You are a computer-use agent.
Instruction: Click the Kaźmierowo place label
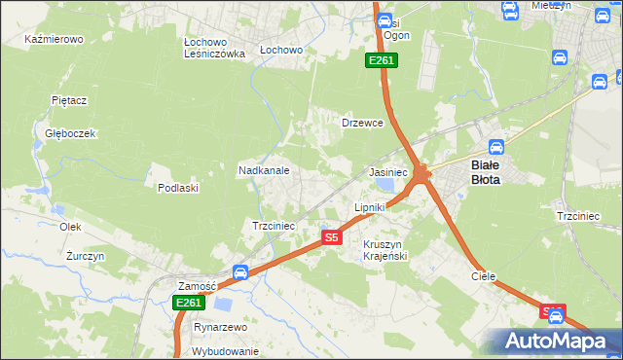point(55,40)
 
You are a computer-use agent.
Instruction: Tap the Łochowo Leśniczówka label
point(213,49)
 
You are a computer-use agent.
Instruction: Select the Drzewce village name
point(362,124)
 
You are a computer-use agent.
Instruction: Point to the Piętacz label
point(69,99)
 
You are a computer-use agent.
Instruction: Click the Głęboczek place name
point(62,133)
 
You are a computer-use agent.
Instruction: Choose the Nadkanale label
point(264,170)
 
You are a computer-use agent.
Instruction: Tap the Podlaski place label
point(178,188)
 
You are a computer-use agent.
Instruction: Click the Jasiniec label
point(388,171)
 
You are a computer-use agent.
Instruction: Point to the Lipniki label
point(370,207)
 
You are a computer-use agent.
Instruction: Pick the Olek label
point(69,226)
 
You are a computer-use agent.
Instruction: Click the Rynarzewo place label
point(219,327)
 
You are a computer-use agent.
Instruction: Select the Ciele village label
point(484,276)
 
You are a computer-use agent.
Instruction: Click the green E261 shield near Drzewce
point(382,61)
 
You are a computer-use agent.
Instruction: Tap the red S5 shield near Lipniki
point(332,237)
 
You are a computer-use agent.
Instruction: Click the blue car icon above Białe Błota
point(495,148)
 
